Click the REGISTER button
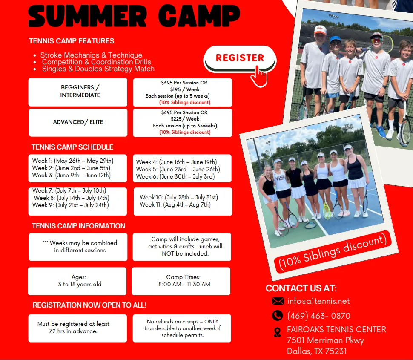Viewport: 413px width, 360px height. pyautogui.click(x=240, y=58)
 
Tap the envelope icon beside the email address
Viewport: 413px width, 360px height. pyautogui.click(x=278, y=301)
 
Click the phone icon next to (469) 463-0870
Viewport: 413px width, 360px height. pyautogui.click(x=277, y=315)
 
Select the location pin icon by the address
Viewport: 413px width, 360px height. pyautogui.click(x=277, y=332)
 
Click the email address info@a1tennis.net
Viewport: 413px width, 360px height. pyautogui.click(x=318, y=301)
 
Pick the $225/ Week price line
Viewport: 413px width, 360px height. pyautogui.click(x=185, y=119)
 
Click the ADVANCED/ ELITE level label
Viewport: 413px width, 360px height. pyautogui.click(x=78, y=122)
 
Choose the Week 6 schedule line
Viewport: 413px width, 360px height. pyautogui.click(x=175, y=176)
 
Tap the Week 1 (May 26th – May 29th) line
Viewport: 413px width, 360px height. pyautogui.click(x=73, y=161)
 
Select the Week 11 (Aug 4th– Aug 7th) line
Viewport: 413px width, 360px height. pyautogui.click(x=175, y=205)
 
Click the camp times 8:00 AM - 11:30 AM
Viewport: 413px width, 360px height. pyautogui.click(x=184, y=284)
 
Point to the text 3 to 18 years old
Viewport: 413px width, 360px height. pyautogui.click(x=80, y=284)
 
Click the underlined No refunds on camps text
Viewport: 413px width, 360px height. pyautogui.click(x=172, y=322)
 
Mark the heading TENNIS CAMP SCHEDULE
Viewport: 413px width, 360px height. pyautogui.click(x=72, y=147)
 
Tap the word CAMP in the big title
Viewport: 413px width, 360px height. pyautogui.click(x=199, y=15)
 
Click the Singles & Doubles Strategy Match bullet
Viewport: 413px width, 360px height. pyautogui.click(x=98, y=69)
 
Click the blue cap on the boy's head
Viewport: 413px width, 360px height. pyautogui.click(x=336, y=39)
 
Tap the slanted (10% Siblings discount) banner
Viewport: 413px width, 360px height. pyautogui.click(x=333, y=252)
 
